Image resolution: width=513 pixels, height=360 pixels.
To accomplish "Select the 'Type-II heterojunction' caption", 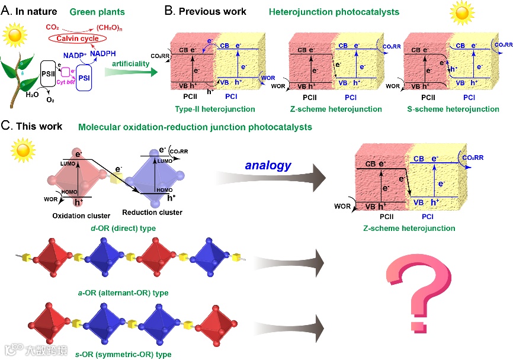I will [208, 109].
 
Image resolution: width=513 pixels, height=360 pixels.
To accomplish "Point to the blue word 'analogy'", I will [268, 165].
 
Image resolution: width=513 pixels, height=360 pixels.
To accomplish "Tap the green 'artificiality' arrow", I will [132, 72].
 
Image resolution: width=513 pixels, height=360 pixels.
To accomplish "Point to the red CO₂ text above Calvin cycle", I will [52, 27].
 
